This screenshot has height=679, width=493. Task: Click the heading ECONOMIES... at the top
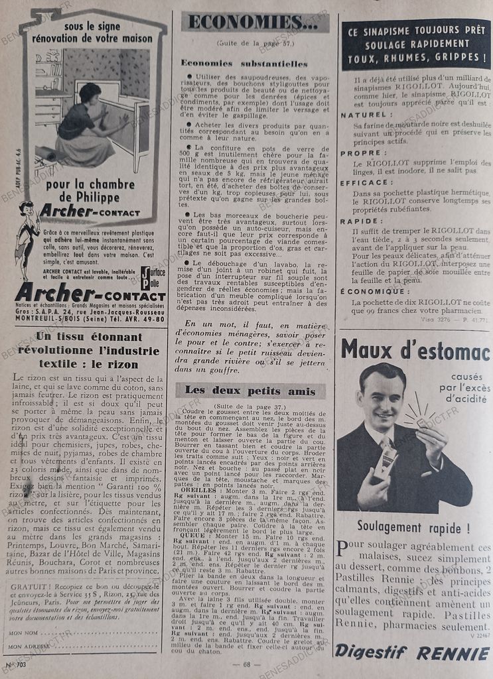[x=255, y=23]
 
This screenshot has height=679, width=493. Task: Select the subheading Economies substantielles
[x=244, y=64]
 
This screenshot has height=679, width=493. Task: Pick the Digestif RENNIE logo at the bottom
[x=412, y=652]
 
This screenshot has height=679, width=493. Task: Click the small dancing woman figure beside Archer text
[x=27, y=239]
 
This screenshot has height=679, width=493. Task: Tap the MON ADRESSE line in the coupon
[x=86, y=647]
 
